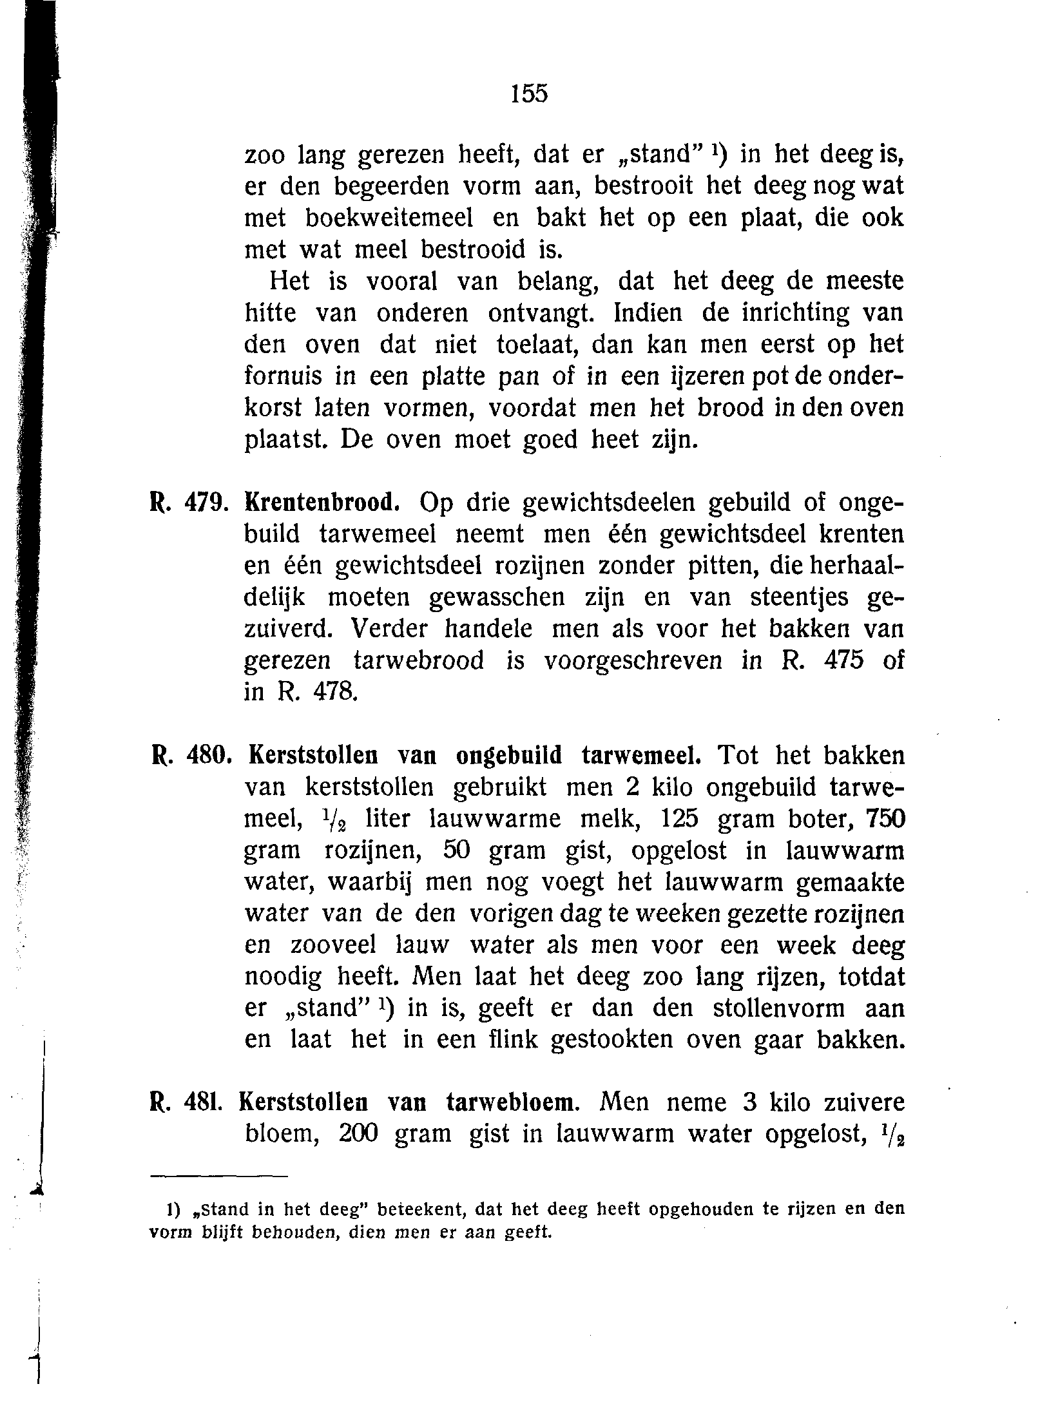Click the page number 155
click(529, 94)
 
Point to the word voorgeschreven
click(633, 661)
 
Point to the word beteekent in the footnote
click(421, 1209)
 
